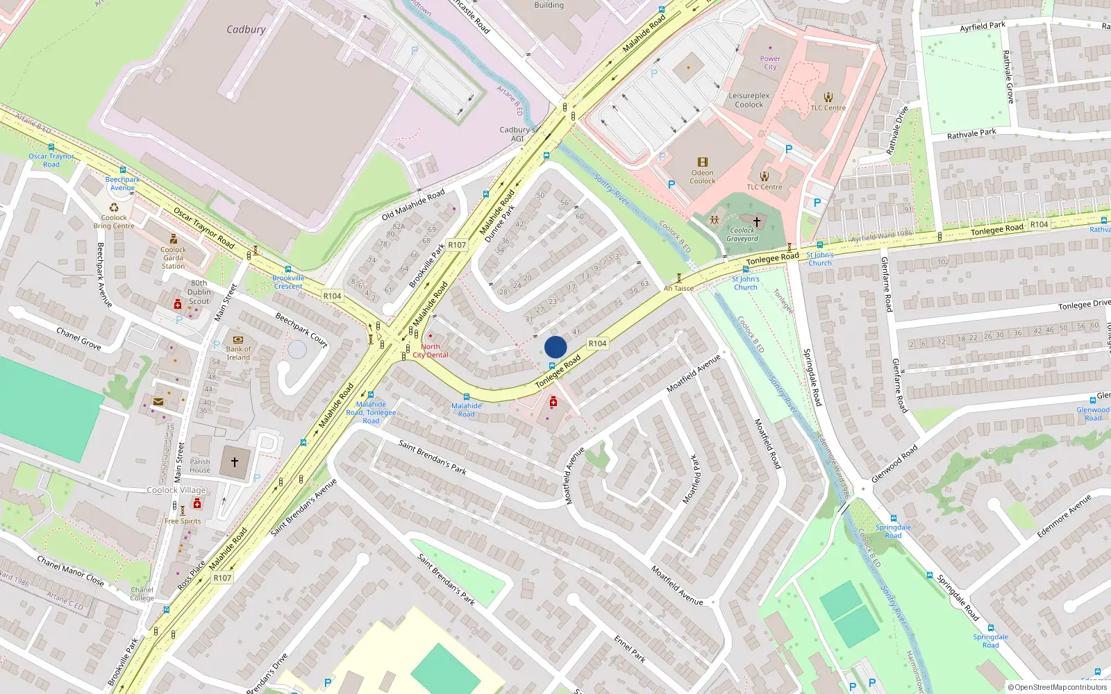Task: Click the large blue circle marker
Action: coord(555,347)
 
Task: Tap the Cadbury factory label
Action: coord(246,30)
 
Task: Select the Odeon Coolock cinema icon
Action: coord(702,162)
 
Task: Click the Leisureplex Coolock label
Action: coord(749,100)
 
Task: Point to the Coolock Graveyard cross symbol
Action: coord(757,221)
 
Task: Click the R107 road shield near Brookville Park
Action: coord(457,245)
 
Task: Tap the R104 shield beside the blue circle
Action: coord(597,344)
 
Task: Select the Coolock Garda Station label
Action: coord(173,257)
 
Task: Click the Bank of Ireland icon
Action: coord(238,340)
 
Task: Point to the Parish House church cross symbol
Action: coord(235,462)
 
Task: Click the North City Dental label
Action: coord(431,350)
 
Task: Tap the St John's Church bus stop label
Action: coord(820,259)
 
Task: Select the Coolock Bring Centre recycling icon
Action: coord(114,208)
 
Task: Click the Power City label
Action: coord(770,62)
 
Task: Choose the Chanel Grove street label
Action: coord(78,339)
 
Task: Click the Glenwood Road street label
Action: coord(894,464)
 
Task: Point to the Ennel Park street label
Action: coord(630,648)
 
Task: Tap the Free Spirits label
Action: coord(183,521)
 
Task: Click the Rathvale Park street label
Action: coord(971,133)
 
